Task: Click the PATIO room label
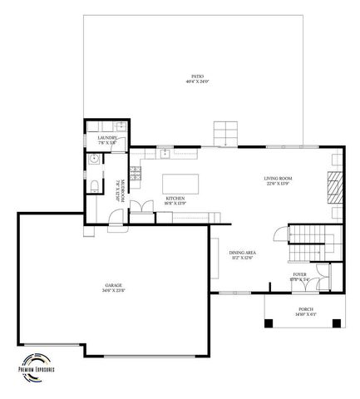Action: (x=196, y=76)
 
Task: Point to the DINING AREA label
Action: (x=242, y=252)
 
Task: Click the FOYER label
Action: (x=300, y=274)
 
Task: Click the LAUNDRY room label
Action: (x=106, y=138)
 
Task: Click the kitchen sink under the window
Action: (x=165, y=154)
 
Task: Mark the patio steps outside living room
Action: (x=226, y=132)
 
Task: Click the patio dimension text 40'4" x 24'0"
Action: (x=196, y=81)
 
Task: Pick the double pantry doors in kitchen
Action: (x=141, y=206)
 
